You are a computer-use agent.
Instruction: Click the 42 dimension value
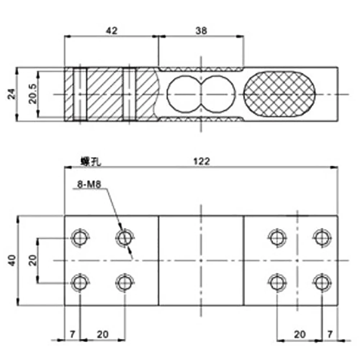tap(112, 31)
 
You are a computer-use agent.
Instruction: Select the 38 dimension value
tap(202, 31)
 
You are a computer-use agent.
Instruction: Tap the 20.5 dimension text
tap(33, 94)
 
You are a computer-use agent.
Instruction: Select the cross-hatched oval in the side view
tap(280, 94)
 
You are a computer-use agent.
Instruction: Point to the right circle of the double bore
tap(218, 94)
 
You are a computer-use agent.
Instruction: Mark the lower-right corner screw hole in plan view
tap(321, 282)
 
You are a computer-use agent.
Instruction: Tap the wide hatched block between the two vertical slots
tap(105, 94)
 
